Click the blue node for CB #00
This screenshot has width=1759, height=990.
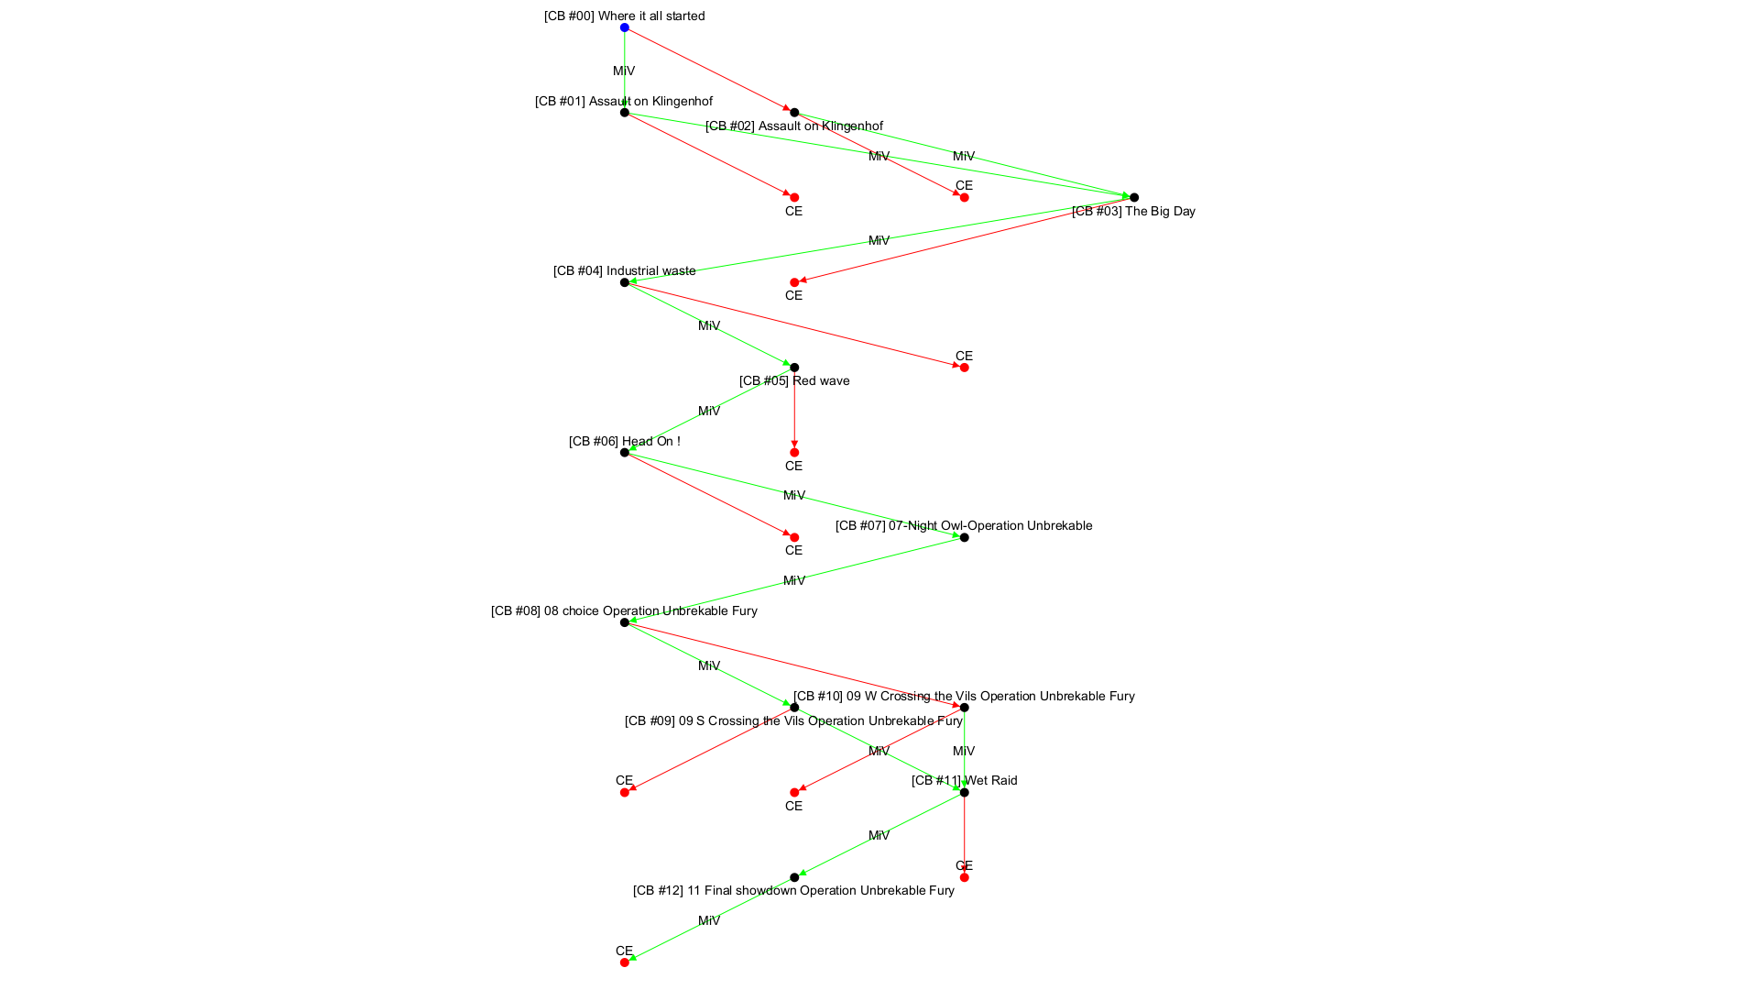pos(625,27)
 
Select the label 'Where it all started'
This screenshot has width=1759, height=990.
pos(625,16)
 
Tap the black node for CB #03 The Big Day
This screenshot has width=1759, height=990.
pos(1134,197)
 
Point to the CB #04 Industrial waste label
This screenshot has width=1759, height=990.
pos(625,270)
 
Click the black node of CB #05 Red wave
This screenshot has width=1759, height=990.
pos(794,368)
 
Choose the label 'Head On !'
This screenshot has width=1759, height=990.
pos(625,441)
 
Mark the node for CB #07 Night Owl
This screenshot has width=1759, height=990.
pos(964,537)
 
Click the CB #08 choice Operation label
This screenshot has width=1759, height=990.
pos(624,610)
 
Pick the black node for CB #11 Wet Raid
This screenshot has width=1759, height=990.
pos(964,792)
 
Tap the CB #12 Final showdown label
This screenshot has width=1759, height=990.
pos(793,890)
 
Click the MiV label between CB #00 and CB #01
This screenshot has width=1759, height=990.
pos(624,71)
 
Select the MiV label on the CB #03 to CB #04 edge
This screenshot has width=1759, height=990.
pos(879,240)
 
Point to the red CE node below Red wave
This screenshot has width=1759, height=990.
pos(794,452)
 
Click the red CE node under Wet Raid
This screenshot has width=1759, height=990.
pos(964,877)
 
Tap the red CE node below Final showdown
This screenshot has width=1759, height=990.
pos(625,962)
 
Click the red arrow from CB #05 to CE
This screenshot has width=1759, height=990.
pos(794,412)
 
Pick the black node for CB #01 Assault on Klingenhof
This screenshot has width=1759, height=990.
pos(625,113)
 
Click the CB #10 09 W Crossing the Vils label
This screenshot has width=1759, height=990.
pos(964,696)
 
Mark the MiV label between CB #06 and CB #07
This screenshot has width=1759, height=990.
pos(794,495)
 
